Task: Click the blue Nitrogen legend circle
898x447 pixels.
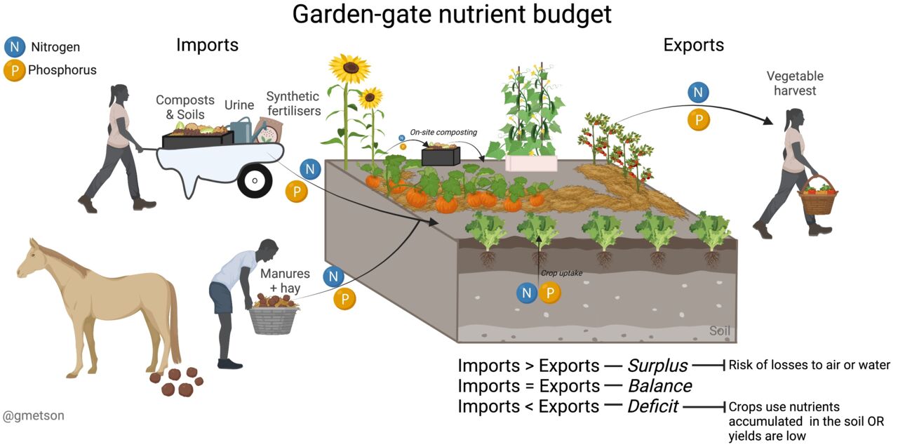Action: (14, 48)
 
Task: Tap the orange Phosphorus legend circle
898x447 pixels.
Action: (14, 70)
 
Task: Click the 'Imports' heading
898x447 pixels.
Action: (207, 46)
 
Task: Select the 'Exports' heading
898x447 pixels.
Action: (693, 46)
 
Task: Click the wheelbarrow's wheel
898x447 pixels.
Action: (254, 181)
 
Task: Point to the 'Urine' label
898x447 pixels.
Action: (239, 105)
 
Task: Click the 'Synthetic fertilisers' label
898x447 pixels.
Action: (293, 103)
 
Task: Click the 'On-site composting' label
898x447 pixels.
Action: (443, 132)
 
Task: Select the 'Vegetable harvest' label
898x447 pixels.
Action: (795, 83)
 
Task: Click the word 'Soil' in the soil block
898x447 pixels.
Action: (720, 331)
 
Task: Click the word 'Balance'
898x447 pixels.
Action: (659, 386)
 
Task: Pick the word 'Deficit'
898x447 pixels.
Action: (652, 406)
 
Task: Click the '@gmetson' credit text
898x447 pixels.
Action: (34, 416)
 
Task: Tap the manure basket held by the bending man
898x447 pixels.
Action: (274, 317)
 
